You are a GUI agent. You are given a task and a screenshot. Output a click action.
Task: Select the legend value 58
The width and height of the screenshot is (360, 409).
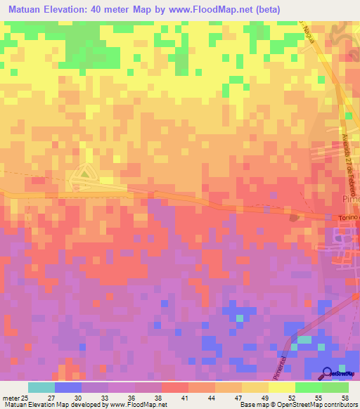point(344,397)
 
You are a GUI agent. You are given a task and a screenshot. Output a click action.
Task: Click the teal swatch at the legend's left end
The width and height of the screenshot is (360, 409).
point(41,387)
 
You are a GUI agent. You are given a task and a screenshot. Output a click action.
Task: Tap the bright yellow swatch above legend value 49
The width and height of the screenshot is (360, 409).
point(282,387)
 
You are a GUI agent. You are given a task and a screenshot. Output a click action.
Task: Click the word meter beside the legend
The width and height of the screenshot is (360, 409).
point(10,397)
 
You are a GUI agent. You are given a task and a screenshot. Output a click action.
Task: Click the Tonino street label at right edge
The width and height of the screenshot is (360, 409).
point(347,219)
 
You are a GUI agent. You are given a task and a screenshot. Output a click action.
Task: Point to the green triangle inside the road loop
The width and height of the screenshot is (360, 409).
point(84,171)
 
